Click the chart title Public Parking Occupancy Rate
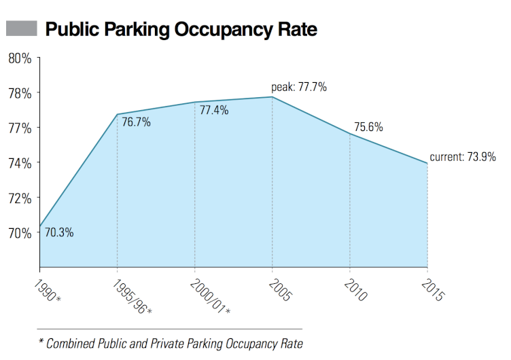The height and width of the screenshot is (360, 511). tap(181, 30)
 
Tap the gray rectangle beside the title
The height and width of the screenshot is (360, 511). tap(21, 29)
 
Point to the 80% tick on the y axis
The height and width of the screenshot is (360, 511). tap(20, 58)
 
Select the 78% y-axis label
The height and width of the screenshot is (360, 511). tap(20, 93)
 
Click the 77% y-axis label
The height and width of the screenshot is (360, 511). tap(20, 128)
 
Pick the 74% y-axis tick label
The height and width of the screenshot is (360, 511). tap(20, 163)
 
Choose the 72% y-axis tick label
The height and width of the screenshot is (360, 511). tap(20, 198)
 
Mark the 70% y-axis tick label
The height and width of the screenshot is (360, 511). tap(20, 233)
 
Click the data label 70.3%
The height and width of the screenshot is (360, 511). tap(59, 233)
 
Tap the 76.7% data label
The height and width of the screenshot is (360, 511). tap(136, 123)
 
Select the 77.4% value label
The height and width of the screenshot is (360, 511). tap(214, 110)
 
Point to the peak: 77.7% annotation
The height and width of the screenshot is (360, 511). tap(299, 87)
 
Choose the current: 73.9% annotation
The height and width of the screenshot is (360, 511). tap(463, 157)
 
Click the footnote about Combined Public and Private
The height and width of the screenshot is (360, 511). tap(170, 343)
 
